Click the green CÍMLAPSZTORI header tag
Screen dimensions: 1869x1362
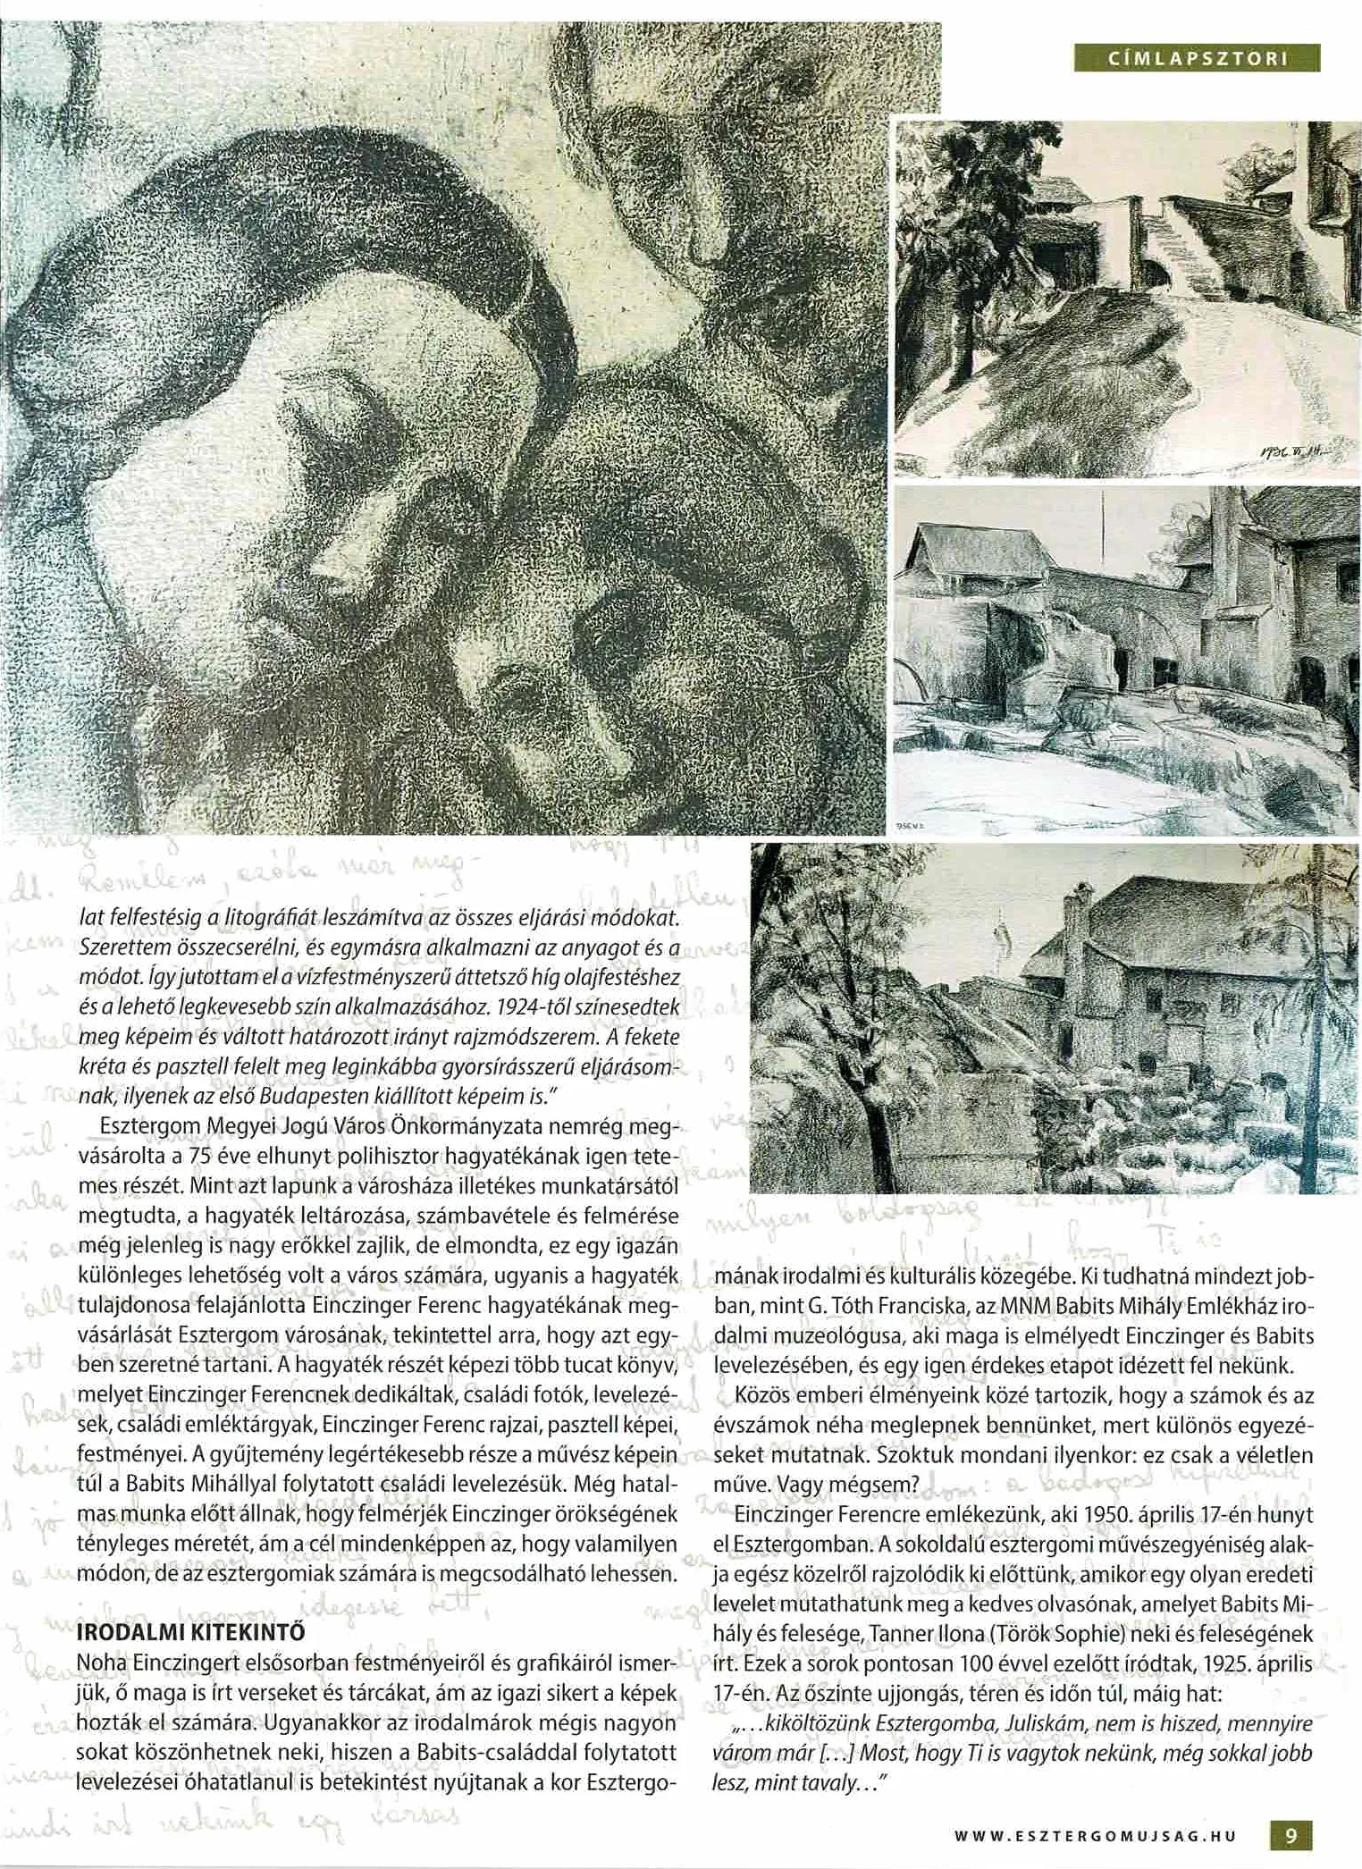[1198, 59]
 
